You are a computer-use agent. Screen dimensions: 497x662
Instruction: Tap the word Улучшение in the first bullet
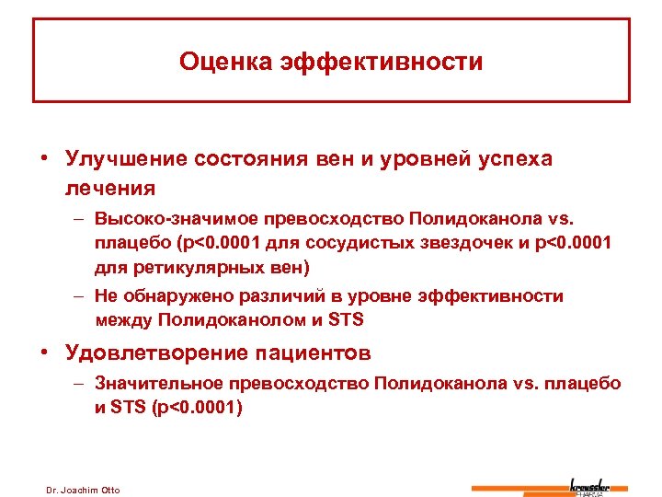[x=124, y=158]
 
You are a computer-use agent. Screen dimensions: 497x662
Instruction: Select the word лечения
[x=110, y=188]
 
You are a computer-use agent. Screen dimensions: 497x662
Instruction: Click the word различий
[x=300, y=296]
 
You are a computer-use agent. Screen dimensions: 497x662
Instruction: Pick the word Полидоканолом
[x=237, y=320]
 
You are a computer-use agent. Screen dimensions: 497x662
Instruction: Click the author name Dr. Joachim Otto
[x=83, y=489]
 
